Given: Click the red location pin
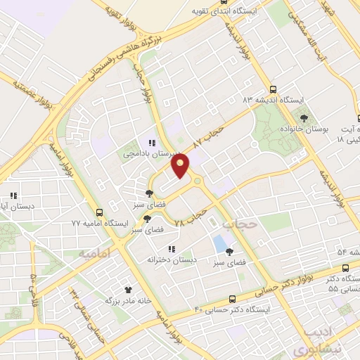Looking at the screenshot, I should (181, 167).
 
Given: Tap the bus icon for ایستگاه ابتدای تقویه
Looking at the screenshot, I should (193, 12).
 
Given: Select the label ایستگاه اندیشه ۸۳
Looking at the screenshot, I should (273, 101).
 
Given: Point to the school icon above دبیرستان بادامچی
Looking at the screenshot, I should (152, 143).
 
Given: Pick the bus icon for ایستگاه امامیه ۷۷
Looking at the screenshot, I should (99, 212).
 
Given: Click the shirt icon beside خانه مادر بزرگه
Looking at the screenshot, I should (128, 289).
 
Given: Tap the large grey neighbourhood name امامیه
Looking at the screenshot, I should (96, 252).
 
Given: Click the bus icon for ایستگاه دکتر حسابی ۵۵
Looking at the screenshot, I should (345, 267).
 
